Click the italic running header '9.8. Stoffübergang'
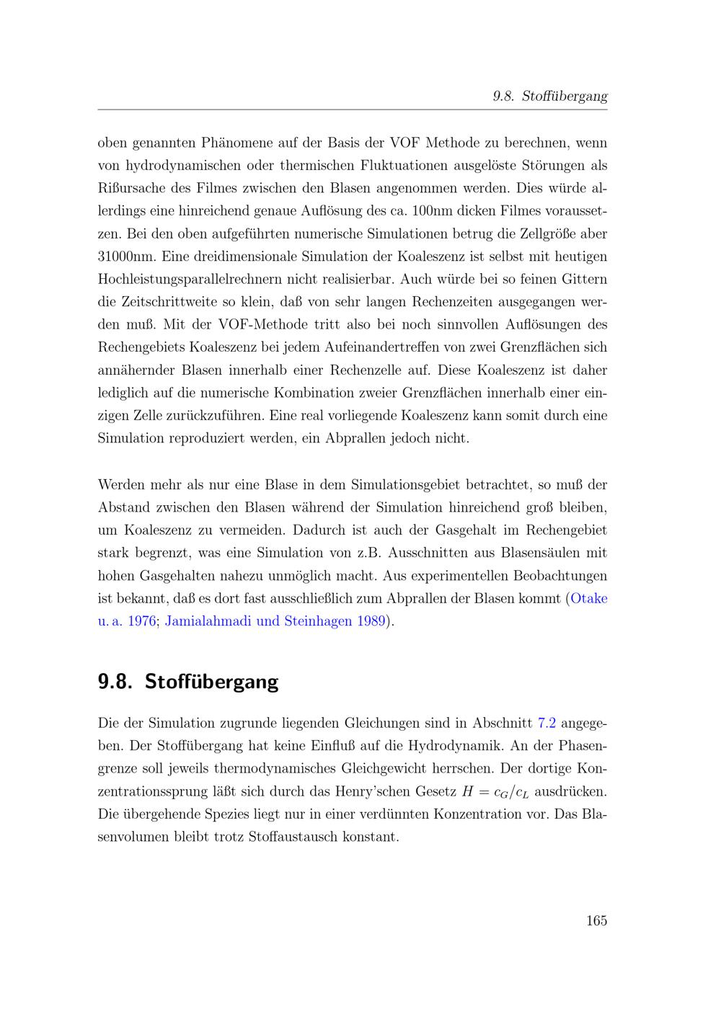(550, 96)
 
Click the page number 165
(596, 920)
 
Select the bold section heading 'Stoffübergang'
(211, 681)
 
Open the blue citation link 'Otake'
(589, 598)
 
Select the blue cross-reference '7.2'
(547, 722)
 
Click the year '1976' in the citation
(141, 620)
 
